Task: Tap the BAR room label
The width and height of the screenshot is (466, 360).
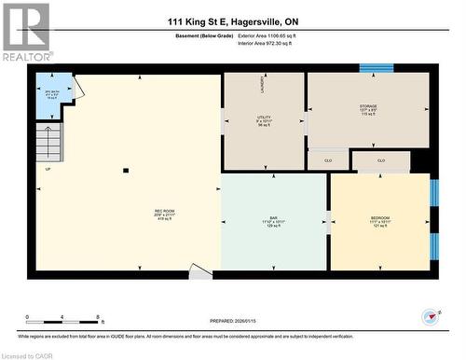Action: (273, 223)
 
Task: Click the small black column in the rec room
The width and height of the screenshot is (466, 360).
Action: (126, 170)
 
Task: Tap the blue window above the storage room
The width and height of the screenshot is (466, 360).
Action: (376, 67)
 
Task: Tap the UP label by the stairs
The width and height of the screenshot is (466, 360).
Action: (48, 169)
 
